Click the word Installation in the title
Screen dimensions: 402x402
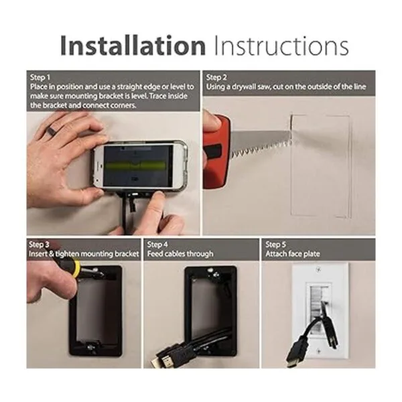tap(133, 46)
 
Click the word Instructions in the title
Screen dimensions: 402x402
tap(281, 46)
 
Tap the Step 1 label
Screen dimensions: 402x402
tap(40, 78)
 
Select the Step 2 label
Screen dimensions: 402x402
tap(216, 78)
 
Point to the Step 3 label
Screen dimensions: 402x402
tap(39, 245)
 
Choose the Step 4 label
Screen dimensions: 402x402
tap(157, 245)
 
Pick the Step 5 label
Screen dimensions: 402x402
tap(275, 245)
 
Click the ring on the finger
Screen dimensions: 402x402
tap(50, 132)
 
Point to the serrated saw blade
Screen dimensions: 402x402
tap(261, 143)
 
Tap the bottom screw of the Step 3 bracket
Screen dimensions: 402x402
tap(90, 347)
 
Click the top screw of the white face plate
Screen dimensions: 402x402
tap(318, 270)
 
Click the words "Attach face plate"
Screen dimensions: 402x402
tap(293, 254)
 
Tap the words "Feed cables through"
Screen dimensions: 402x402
tap(180, 254)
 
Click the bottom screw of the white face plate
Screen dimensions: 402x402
tap(318, 351)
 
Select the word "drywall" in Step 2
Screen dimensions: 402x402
tap(244, 87)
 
